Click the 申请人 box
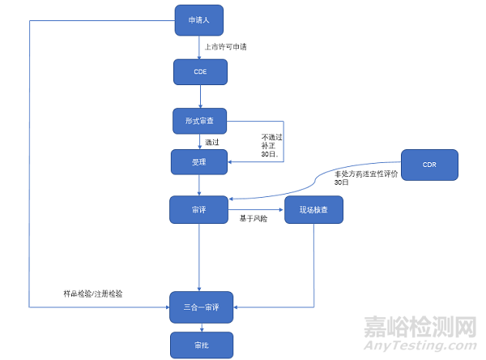point(198,20)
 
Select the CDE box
point(200,72)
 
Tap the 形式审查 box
point(200,121)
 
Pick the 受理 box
point(200,161)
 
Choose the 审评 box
point(198,209)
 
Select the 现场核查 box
point(314,209)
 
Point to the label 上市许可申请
point(226,47)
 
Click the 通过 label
point(212,142)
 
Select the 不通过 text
point(271,137)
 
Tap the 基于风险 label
point(254,219)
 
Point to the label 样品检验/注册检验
point(93,293)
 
